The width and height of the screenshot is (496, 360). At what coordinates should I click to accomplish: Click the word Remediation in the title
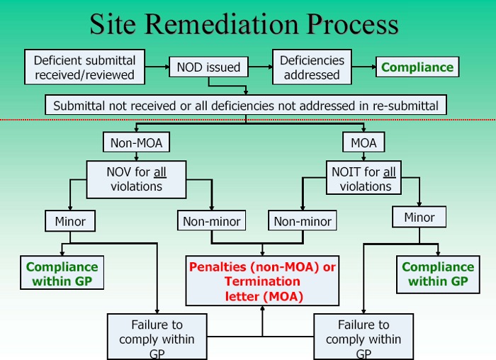click(x=233, y=25)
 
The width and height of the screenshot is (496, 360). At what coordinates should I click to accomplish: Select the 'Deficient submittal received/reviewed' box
click(x=84, y=67)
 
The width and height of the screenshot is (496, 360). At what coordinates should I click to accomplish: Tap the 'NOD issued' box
click(x=208, y=67)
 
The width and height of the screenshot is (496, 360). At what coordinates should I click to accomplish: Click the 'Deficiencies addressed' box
click(x=312, y=67)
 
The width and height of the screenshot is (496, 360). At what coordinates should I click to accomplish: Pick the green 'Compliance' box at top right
click(x=417, y=67)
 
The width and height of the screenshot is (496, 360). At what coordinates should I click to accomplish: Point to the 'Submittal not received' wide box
click(x=246, y=106)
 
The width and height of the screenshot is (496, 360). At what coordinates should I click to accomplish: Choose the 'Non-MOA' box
click(x=136, y=143)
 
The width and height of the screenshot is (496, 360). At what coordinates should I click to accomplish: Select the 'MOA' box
click(x=363, y=143)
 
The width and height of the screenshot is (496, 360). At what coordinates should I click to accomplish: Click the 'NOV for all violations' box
click(x=136, y=179)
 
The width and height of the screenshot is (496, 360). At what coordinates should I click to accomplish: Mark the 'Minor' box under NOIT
click(x=419, y=218)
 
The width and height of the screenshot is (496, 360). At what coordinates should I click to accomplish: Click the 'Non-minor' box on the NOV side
click(x=211, y=222)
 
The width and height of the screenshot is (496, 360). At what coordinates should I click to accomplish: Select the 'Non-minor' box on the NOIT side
click(x=303, y=222)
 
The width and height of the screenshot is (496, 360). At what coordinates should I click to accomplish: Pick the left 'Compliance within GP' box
click(x=62, y=274)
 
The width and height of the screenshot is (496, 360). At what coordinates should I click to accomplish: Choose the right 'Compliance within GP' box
click(x=438, y=274)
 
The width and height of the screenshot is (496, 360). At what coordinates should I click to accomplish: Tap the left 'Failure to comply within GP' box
click(x=157, y=337)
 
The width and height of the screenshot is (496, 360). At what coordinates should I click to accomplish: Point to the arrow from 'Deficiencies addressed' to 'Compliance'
click(x=363, y=67)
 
